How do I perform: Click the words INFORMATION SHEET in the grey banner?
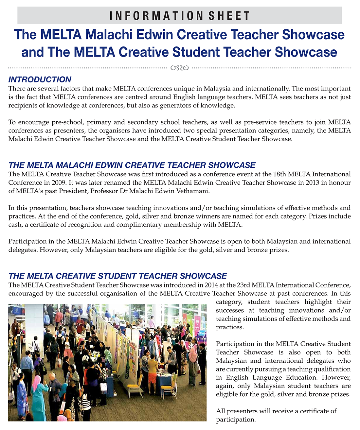pos(180,16)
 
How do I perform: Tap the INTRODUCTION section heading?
pos(40,79)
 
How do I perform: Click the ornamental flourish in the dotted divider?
pos(180,68)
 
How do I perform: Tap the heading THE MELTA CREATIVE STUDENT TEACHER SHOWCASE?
pos(117,276)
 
